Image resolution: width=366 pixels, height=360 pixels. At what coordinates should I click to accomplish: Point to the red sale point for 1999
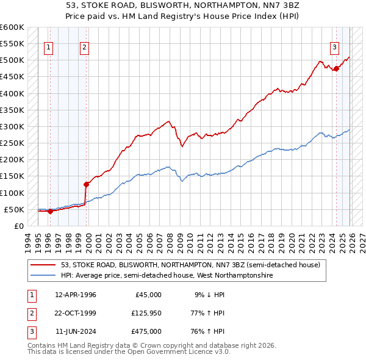coord(86,183)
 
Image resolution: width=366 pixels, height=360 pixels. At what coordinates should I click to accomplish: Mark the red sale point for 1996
coord(51,211)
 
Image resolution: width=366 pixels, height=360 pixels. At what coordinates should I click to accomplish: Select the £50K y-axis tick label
coord(14,209)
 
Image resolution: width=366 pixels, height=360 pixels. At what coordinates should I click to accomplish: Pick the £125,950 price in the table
coord(144,313)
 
